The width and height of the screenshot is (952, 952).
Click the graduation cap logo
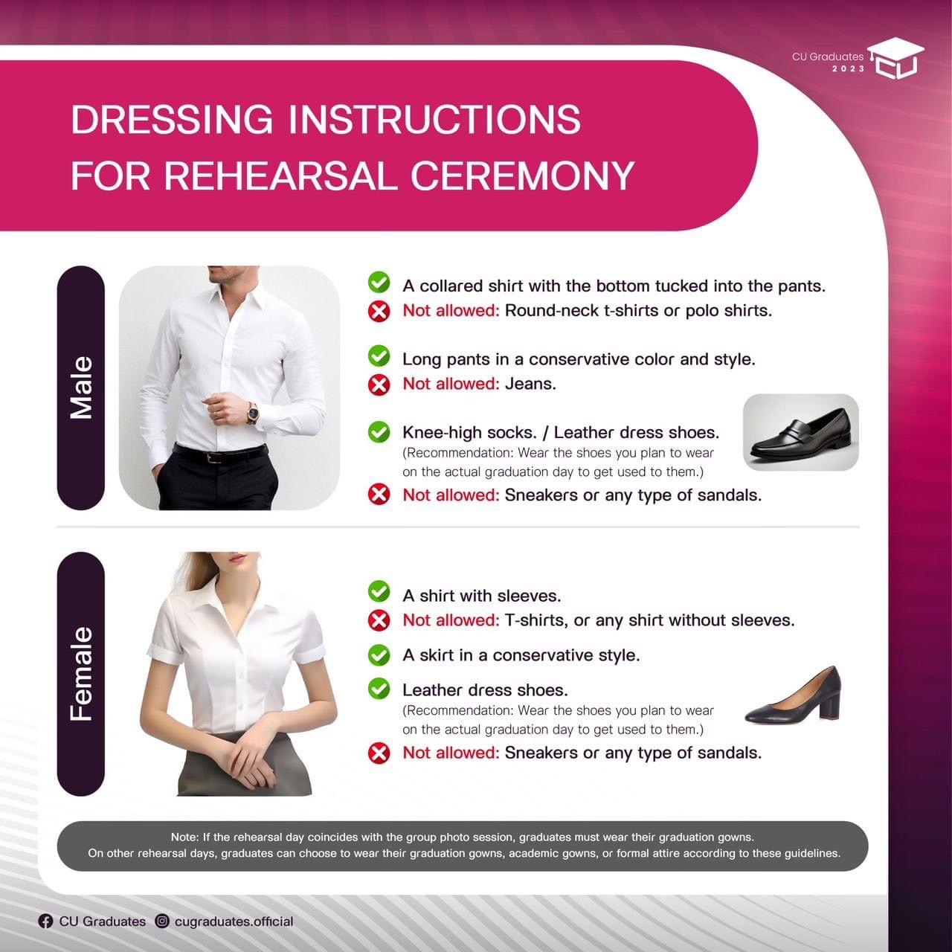pos(895,58)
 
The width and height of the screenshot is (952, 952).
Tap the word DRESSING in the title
pos(172,119)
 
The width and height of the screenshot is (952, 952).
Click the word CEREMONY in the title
pos(523,176)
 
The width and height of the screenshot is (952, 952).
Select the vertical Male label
pos(81,387)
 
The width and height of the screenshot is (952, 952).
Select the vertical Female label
pos(81,673)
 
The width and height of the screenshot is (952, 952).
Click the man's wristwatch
pos(252,412)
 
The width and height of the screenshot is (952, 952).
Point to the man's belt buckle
pos(213,458)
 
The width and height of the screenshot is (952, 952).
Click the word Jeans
pos(530,384)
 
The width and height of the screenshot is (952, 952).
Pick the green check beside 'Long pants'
pos(379,356)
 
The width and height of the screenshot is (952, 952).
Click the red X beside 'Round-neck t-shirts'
pos(379,311)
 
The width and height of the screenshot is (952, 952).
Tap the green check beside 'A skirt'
pos(379,655)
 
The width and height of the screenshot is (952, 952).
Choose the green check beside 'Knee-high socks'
pos(379,432)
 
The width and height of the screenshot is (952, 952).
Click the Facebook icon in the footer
pos(45,922)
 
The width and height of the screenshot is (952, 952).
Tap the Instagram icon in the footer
pos(162,921)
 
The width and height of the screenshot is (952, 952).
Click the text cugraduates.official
pos(234,922)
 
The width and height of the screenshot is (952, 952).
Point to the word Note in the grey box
pos(185,837)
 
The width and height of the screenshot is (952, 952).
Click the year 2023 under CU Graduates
pos(849,69)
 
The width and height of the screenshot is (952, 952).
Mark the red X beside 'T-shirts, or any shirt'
pos(379,620)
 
